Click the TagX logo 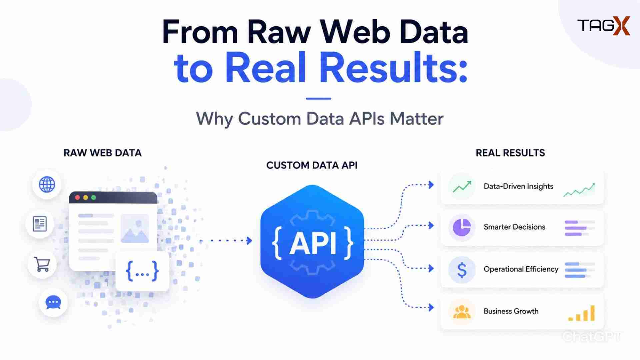[604, 26]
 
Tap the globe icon [47, 184]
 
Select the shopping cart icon [42, 264]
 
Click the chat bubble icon [53, 303]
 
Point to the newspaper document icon [40, 224]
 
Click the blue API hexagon [312, 242]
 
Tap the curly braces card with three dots [142, 271]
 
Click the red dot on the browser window [77, 198]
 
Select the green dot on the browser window [94, 198]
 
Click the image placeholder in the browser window [135, 228]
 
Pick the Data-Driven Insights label [518, 186]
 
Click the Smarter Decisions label [514, 227]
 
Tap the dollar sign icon [462, 270]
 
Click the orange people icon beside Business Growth [462, 312]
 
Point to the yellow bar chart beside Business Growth [582, 313]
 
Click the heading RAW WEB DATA [103, 153]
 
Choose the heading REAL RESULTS [510, 153]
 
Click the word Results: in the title [394, 68]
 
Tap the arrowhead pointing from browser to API [249, 240]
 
